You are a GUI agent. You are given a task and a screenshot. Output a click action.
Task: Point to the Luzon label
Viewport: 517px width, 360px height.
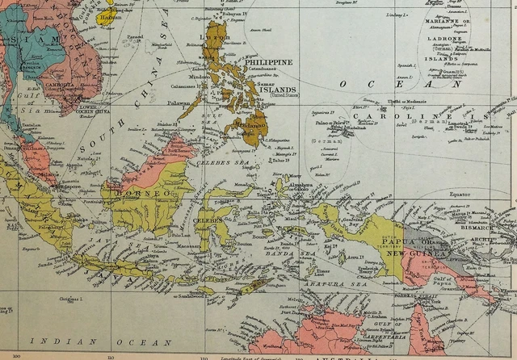tap(217, 37)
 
